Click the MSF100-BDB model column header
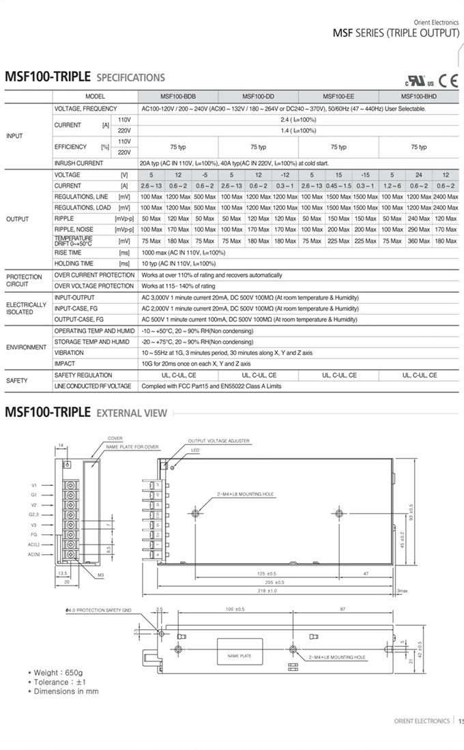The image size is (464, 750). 178,97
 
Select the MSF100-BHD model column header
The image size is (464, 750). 418,97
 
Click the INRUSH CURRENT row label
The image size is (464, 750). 78,164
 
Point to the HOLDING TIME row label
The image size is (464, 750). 74,263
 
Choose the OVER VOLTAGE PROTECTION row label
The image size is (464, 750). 93,286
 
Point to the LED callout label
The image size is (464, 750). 195,451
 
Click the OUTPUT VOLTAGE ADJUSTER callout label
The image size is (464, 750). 218,441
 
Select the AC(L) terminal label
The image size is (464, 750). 34,545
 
